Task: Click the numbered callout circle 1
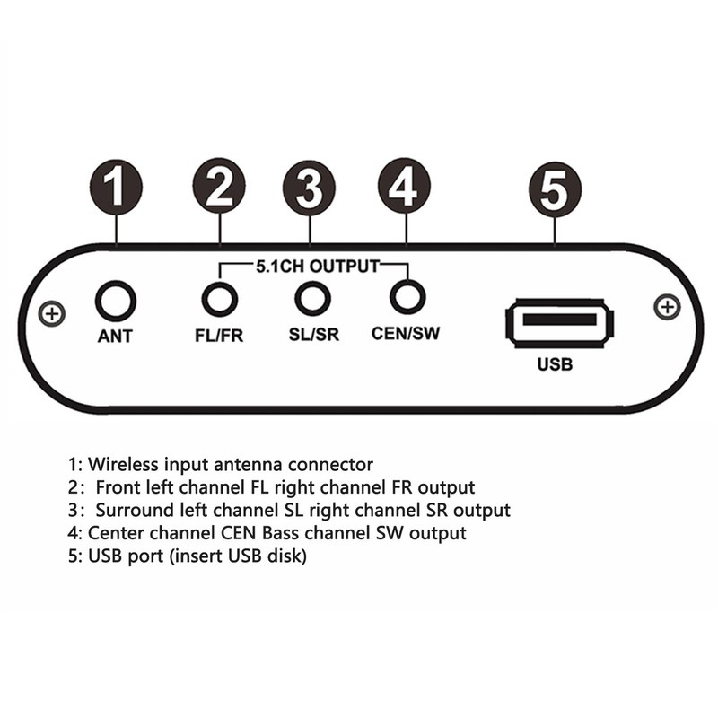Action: (x=116, y=188)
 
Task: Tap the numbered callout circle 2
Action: (x=218, y=188)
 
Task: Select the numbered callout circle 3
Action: (x=309, y=188)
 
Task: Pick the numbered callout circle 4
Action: (x=405, y=188)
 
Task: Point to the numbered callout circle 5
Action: (x=555, y=188)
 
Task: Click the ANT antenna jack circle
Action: (x=116, y=301)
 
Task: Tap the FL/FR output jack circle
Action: (x=219, y=299)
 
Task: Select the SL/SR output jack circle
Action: (x=312, y=298)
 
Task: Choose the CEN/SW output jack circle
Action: (x=407, y=296)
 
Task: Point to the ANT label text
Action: (x=115, y=338)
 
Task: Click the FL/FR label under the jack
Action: (x=219, y=337)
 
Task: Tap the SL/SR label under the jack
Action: (x=313, y=336)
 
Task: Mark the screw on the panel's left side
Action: (x=53, y=314)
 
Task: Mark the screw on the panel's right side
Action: (x=667, y=307)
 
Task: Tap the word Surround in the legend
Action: (x=132, y=511)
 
